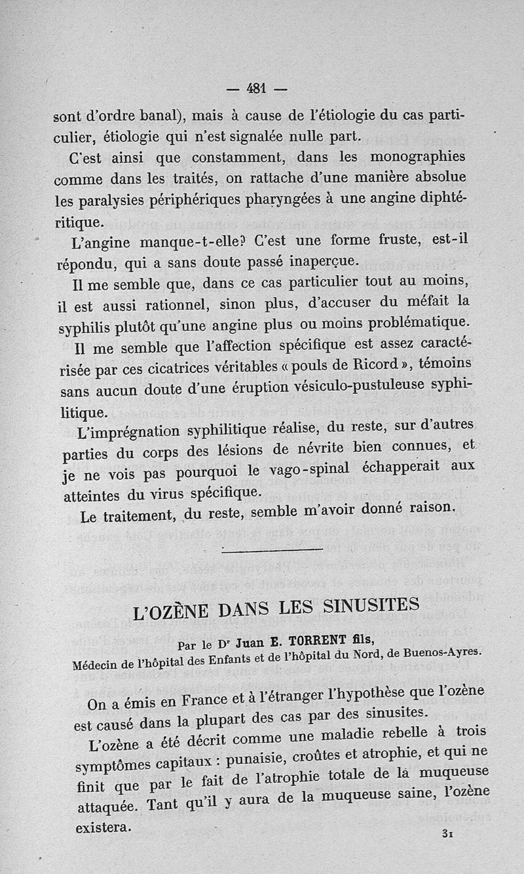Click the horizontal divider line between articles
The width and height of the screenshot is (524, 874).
272,549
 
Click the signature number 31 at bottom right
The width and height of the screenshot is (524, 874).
449,833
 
